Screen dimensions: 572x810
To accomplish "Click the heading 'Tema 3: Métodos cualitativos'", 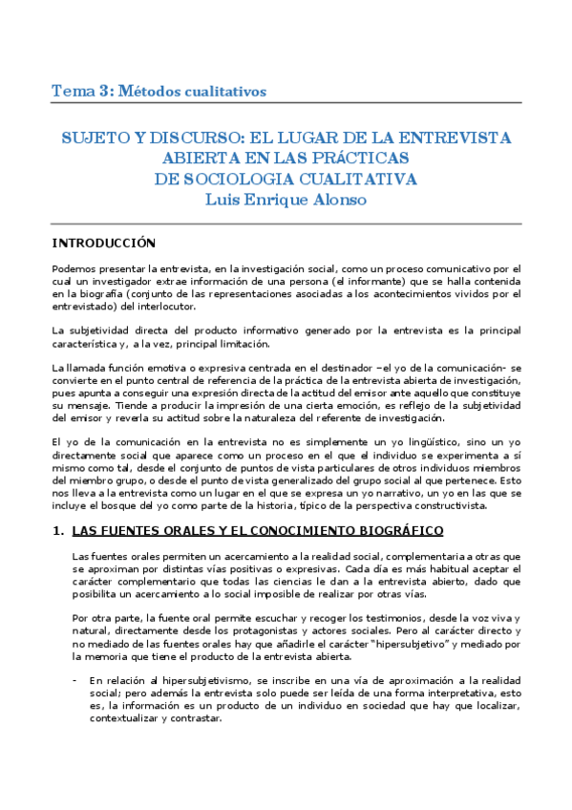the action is pyautogui.click(x=159, y=92).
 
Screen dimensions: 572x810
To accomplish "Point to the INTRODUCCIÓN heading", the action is pyautogui.click(x=103, y=243).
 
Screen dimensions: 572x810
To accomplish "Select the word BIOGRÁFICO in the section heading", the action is pyautogui.click(x=400, y=530).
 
